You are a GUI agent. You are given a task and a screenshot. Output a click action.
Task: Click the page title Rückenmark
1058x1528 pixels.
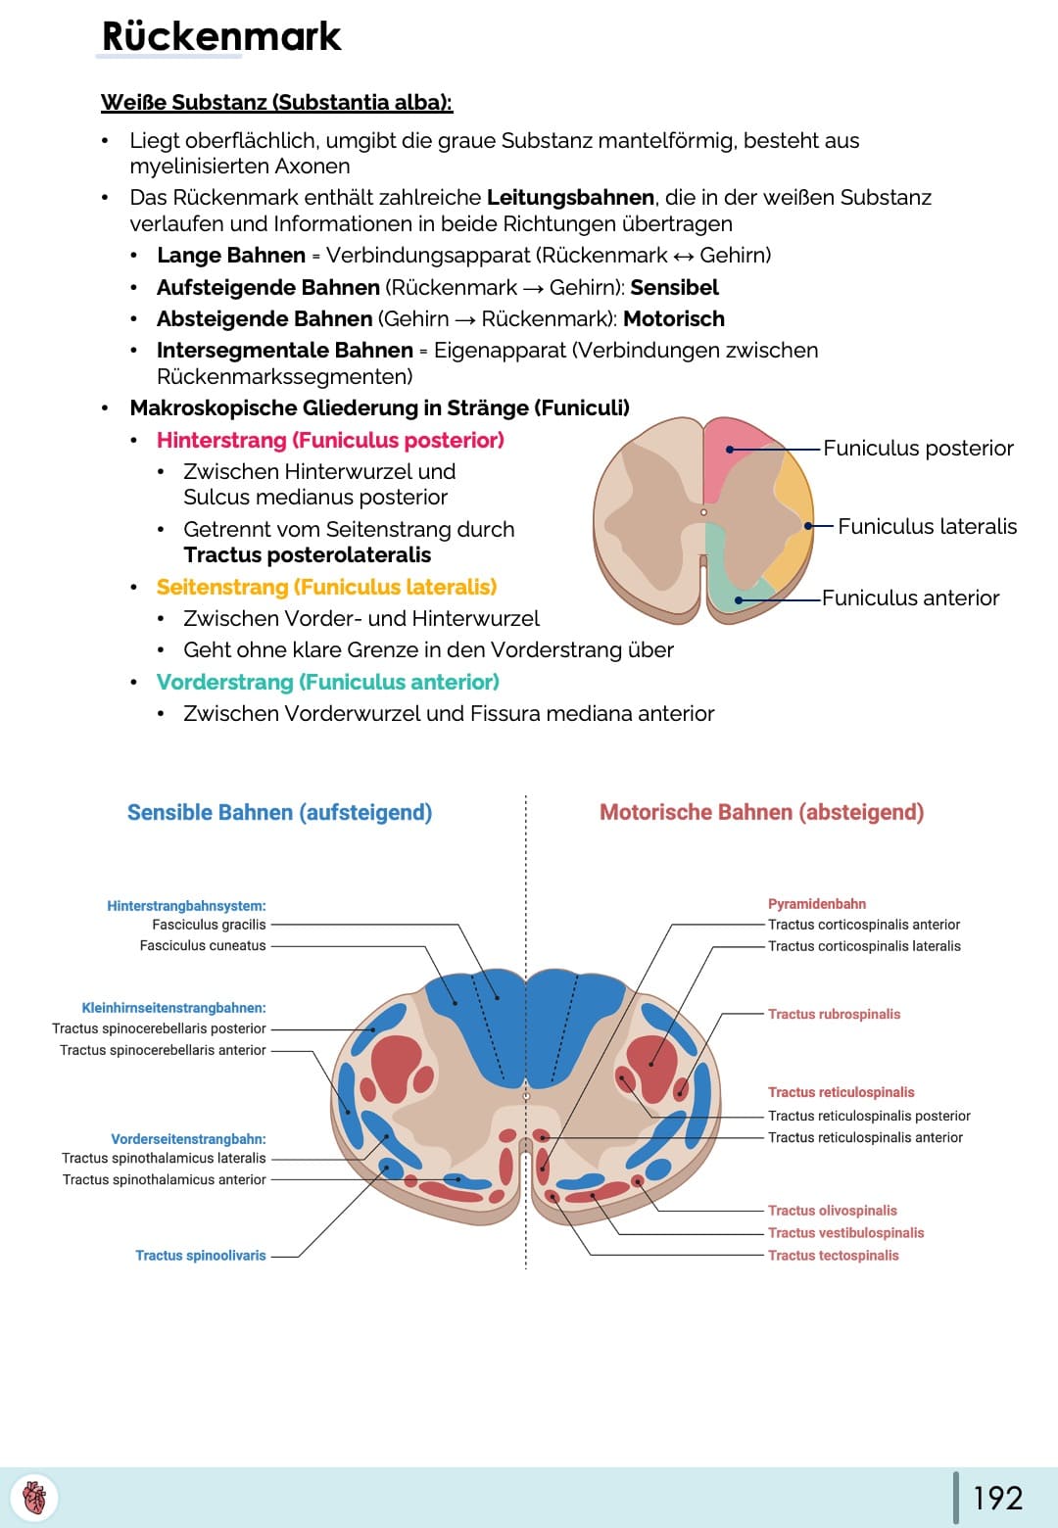(221, 36)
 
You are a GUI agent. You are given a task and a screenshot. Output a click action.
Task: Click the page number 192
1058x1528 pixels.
(998, 1499)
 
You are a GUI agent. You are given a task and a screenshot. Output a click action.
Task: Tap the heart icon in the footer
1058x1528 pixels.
(34, 1498)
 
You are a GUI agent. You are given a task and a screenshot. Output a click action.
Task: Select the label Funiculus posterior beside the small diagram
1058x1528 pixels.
(918, 449)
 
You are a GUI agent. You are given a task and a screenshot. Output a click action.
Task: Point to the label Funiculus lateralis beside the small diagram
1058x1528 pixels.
(927, 527)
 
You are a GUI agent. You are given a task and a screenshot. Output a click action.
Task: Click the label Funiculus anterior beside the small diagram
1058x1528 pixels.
(911, 598)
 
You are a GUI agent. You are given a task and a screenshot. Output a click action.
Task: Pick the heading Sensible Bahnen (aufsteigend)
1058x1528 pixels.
(279, 812)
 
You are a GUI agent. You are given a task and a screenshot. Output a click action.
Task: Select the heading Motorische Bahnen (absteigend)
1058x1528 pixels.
(762, 812)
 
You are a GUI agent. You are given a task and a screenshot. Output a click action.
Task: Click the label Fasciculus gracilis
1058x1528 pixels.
(209, 925)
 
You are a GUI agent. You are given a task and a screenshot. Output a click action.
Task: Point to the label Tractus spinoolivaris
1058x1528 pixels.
(201, 1255)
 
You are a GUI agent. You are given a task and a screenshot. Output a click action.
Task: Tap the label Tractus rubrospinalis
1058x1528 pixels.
(835, 1015)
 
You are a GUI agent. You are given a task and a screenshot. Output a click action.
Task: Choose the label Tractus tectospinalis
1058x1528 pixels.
(834, 1255)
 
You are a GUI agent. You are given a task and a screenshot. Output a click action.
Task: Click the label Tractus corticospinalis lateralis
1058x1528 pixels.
(864, 946)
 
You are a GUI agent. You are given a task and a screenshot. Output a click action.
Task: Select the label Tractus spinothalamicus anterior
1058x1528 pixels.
(165, 1179)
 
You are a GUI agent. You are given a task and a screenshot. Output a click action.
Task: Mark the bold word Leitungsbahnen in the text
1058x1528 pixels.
(570, 198)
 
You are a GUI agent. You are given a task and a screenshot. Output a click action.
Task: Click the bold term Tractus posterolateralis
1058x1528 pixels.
(307, 555)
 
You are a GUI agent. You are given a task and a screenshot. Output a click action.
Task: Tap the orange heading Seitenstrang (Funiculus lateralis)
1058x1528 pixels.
(327, 588)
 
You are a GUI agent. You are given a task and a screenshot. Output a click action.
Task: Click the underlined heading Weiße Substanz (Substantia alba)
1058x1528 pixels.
(277, 102)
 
